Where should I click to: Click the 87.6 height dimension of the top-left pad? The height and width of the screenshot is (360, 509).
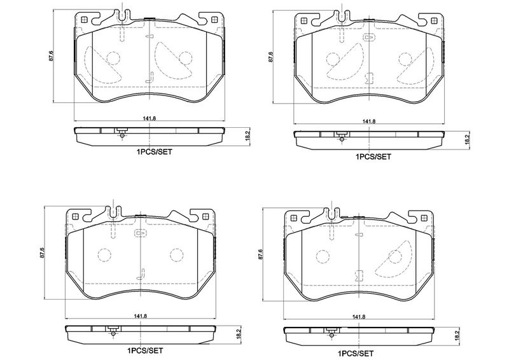point(51,57)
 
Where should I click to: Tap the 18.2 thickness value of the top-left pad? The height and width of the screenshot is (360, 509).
point(248,136)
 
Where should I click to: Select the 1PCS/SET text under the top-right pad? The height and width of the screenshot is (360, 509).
point(373,157)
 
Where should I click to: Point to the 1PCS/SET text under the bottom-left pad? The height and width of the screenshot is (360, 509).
point(145,350)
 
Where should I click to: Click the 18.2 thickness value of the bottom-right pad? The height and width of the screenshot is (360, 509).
point(457,336)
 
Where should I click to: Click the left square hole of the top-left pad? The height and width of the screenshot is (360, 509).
point(84,20)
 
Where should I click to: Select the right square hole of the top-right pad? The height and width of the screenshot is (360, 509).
point(433,21)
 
